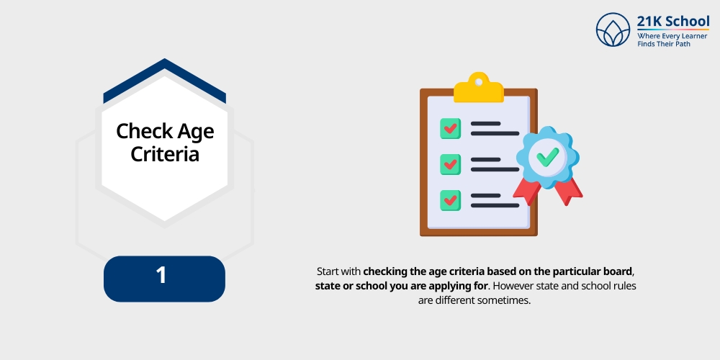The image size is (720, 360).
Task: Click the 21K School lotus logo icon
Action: pos(613,30)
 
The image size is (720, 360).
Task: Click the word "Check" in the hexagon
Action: pos(145,131)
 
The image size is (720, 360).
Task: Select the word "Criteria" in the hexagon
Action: pos(165,154)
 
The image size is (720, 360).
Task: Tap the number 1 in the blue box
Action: pos(162,276)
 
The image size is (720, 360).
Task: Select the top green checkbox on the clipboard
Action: pos(451,129)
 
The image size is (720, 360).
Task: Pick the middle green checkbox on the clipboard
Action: pos(451,163)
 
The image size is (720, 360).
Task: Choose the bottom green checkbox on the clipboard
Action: pos(451,199)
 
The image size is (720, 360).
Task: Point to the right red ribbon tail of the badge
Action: pos(570,191)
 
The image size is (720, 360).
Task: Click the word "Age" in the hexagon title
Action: pos(196,131)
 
